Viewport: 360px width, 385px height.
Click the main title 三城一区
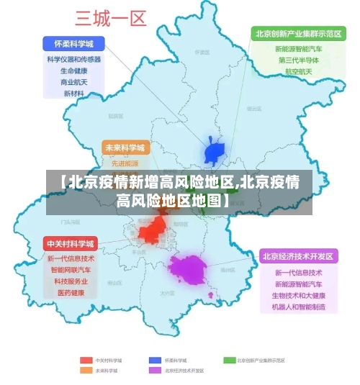point(111,17)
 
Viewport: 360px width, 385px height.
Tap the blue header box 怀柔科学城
point(73,42)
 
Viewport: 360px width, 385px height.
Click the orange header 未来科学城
point(125,148)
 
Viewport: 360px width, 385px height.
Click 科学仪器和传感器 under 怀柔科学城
point(73,59)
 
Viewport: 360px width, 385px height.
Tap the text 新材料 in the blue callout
point(73,94)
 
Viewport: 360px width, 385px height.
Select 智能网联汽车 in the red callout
point(71,270)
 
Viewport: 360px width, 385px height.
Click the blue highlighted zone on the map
point(215,152)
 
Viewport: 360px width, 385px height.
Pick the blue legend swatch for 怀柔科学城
point(155,359)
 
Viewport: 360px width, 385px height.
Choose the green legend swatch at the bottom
point(229,359)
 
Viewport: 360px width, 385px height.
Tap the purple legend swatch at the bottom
point(155,370)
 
